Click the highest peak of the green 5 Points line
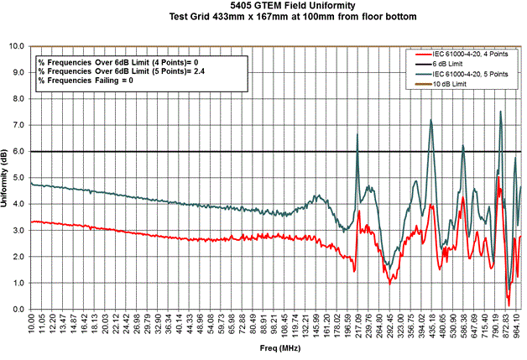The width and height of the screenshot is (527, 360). coord(501,112)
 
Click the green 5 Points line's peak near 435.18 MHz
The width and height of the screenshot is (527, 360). coord(430,120)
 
